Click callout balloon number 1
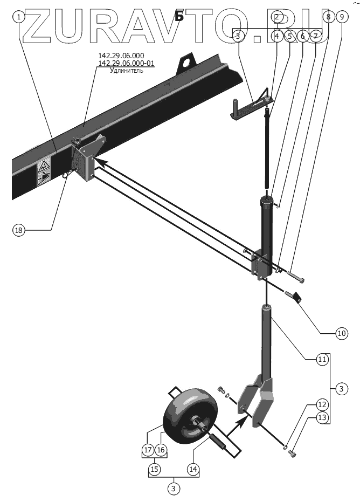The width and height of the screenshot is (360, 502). (19, 17)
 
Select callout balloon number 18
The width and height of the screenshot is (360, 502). (19, 230)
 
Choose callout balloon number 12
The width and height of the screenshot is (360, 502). (322, 404)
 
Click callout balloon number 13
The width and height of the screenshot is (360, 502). (322, 417)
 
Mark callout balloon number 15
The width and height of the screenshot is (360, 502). (155, 469)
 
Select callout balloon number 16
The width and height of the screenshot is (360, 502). (161, 449)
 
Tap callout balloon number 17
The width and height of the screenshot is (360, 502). (148, 449)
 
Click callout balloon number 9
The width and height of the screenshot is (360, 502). (341, 17)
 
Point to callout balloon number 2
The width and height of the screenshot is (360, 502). (277, 17)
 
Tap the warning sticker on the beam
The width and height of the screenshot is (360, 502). (44, 172)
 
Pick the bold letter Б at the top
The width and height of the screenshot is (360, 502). (179, 16)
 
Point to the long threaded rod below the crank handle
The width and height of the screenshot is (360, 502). (268, 151)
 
